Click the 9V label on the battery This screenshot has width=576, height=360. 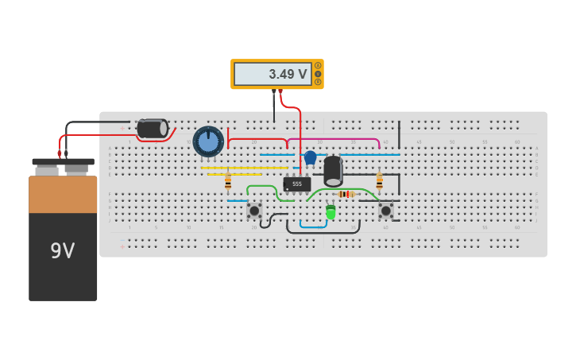(62, 251)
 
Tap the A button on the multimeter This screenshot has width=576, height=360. (319, 65)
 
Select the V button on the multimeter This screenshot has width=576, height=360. (319, 74)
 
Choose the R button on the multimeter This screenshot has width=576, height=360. (319, 82)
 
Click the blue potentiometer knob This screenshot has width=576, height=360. (208, 141)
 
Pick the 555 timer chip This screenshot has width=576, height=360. (296, 184)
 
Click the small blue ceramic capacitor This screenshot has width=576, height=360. (310, 157)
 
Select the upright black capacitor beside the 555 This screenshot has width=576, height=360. (333, 171)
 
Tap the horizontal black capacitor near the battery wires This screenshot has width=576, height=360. (152, 129)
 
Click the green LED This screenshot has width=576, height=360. (331, 212)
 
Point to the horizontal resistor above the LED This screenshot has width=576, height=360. (346, 194)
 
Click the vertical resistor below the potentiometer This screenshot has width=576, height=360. (228, 182)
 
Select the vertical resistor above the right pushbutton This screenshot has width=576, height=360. (379, 182)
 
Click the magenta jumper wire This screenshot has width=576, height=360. (334, 139)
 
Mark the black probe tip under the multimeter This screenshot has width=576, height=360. (274, 93)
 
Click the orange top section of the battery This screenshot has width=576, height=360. (63, 194)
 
